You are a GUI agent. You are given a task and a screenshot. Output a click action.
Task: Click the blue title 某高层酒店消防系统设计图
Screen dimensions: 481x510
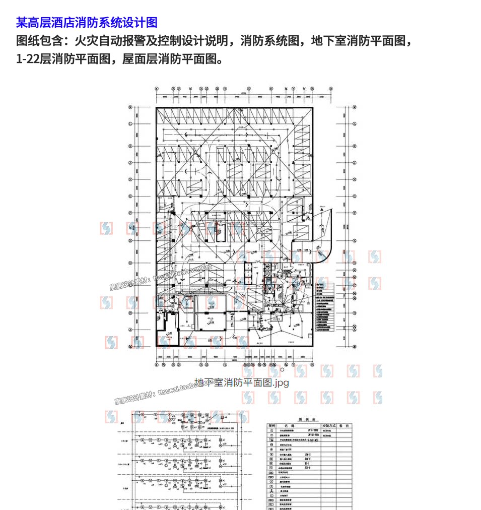pyautogui.click(x=87, y=22)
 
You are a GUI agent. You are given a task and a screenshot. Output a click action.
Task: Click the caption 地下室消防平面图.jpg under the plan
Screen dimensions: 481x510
pyautogui.click(x=242, y=383)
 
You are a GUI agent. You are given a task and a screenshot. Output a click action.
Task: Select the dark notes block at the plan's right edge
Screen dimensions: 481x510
pyautogui.click(x=324, y=307)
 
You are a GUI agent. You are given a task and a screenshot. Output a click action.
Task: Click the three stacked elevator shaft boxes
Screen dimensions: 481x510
pyautogui.click(x=248, y=274)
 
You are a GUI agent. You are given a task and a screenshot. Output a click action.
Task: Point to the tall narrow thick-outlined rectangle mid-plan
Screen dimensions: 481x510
pyautogui.click(x=220, y=232)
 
